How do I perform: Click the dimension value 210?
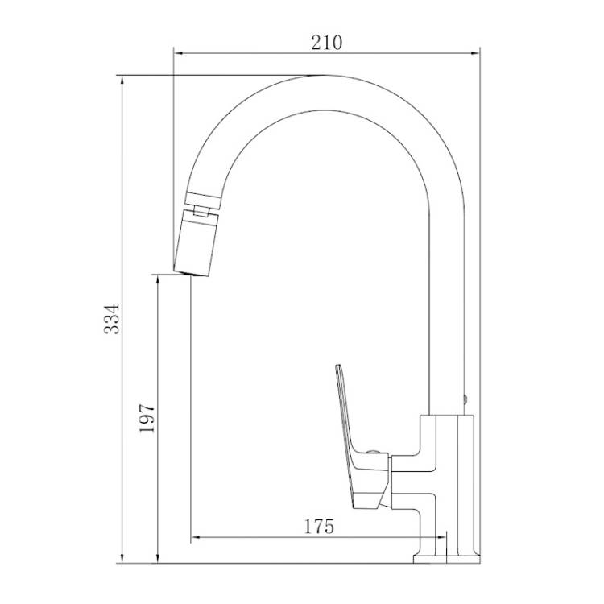click(x=326, y=43)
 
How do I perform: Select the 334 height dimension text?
click(x=113, y=319)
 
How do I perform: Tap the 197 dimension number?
click(x=147, y=418)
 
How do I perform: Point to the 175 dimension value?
click(x=319, y=527)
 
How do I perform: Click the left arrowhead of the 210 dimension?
click(x=178, y=53)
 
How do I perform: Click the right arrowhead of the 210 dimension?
click(x=475, y=53)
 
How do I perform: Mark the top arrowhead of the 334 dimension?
click(x=122, y=80)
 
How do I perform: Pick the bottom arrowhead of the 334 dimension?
click(x=122, y=558)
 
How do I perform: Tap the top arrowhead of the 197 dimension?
click(x=158, y=279)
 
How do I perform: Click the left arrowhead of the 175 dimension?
click(x=196, y=536)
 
